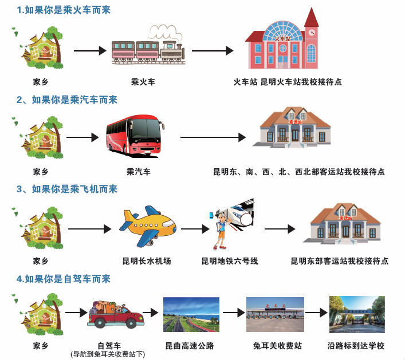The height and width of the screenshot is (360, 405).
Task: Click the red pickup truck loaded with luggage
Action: pyautogui.click(x=115, y=313)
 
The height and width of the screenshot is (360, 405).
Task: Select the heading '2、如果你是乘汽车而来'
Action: pyautogui.click(x=66, y=100)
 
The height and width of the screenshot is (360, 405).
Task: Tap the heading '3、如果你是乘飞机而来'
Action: pyautogui.click(x=66, y=189)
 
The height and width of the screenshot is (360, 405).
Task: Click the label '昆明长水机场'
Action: pyautogui.click(x=147, y=261)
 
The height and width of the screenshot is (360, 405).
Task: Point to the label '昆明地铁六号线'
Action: pyautogui.click(x=229, y=261)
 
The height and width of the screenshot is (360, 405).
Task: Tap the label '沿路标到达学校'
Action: pyautogui.click(x=356, y=346)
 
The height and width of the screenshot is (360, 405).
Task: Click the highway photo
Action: pyautogui.click(x=191, y=314)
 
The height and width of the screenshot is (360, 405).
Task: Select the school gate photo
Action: pyautogui.click(x=356, y=314)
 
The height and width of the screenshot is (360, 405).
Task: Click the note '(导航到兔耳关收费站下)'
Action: pyautogui.click(x=107, y=355)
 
